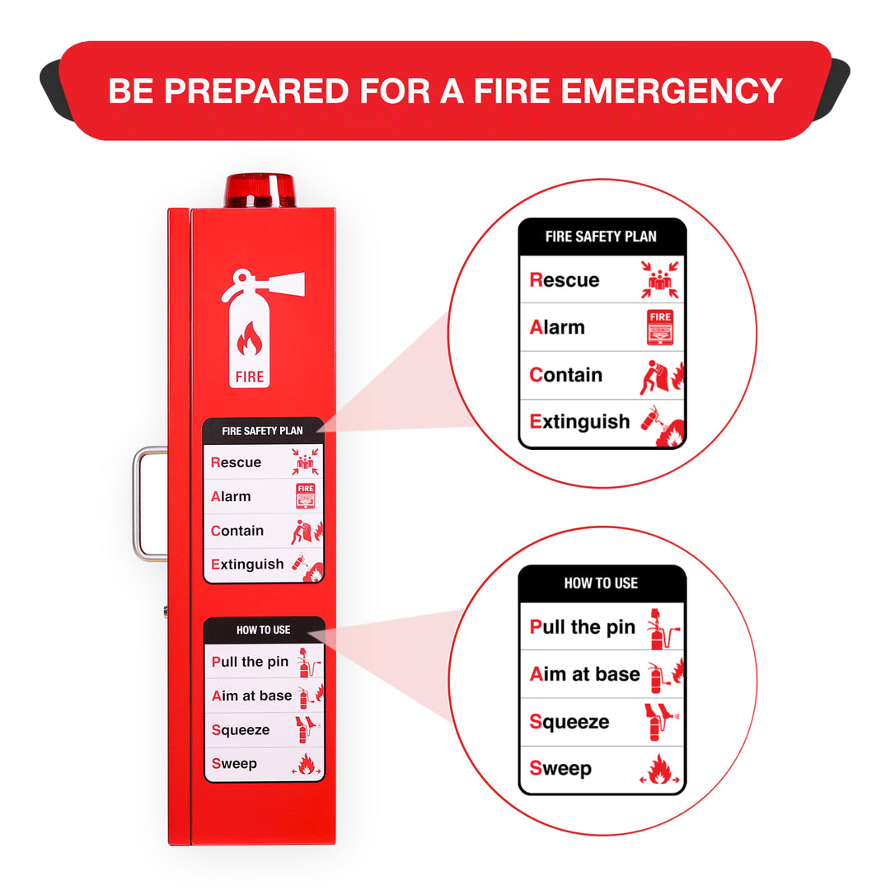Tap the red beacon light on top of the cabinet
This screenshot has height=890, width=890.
coord(260,190)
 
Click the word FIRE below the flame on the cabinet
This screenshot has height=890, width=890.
coord(250,377)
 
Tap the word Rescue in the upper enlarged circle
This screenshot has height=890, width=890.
coord(564,280)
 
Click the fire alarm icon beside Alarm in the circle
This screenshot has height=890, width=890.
coord(660,327)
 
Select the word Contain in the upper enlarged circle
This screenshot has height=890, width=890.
coord(565,375)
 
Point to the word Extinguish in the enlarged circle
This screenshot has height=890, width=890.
coord(579,422)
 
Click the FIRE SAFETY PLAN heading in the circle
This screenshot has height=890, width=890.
coord(601,237)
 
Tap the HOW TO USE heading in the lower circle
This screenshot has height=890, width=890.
coord(601,583)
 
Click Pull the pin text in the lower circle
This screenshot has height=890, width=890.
coord(582,627)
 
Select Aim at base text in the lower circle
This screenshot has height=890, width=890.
coord(584,674)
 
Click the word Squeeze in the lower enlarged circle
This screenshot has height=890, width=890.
coord(569,722)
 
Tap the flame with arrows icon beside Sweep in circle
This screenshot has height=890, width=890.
coord(659,771)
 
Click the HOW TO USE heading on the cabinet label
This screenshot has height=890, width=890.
coord(263,630)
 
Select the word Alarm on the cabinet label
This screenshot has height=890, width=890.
coord(231,497)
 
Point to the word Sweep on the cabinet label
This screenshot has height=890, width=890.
coord(234,764)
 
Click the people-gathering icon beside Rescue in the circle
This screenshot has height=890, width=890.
coord(659,279)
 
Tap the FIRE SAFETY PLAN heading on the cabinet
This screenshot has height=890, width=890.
coord(262,431)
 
